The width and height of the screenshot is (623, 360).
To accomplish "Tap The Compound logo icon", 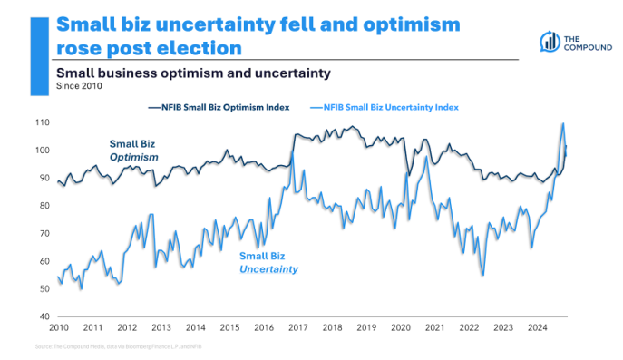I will tap(550, 41).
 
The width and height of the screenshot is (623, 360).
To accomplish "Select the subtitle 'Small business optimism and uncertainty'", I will tap(191, 72).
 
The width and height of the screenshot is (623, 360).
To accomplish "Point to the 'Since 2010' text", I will tap(79, 87).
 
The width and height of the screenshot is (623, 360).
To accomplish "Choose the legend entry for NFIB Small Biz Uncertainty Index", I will tap(387, 107).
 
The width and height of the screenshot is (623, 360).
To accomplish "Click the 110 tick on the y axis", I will tap(44, 122).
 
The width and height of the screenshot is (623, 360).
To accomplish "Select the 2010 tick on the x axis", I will tap(59, 327).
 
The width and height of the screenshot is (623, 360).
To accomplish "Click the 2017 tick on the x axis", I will tap(298, 327).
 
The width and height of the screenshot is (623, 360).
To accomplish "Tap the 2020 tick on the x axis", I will tap(401, 327).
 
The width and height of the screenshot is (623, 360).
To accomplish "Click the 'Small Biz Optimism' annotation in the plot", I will tap(134, 151).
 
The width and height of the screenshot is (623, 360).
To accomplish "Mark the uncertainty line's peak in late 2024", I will tap(563, 124).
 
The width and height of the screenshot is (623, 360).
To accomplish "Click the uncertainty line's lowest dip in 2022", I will tap(482, 275).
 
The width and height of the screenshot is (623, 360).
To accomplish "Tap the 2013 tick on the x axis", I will tap(161, 327).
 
